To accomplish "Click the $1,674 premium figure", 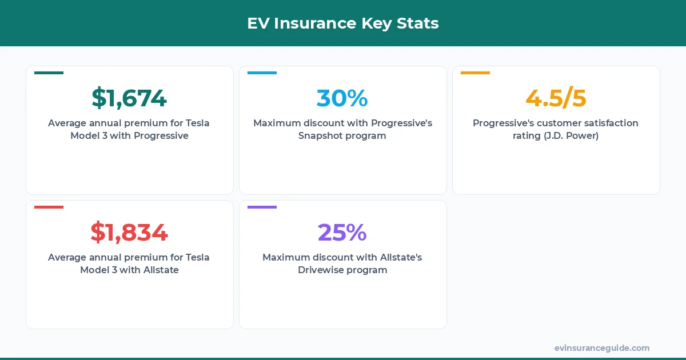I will (x=129, y=98).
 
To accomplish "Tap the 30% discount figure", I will (x=342, y=98).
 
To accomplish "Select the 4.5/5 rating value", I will (x=556, y=98).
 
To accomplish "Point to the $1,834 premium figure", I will (x=129, y=233).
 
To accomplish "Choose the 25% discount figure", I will (x=342, y=233).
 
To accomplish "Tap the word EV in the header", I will (x=258, y=23).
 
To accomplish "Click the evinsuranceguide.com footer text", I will (x=602, y=348).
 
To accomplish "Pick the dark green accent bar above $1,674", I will (x=49, y=73).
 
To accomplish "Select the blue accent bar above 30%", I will (x=262, y=73).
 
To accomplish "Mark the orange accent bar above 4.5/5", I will (x=475, y=73).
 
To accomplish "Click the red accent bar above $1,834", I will (x=49, y=207).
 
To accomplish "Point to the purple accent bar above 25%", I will (x=262, y=207).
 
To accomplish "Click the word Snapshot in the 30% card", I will (x=319, y=136).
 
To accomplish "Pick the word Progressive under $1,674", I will (x=161, y=136).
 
